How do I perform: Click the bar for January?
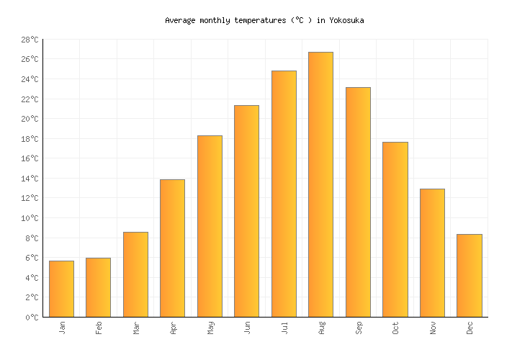(x=61, y=289)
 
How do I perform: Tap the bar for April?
(x=172, y=248)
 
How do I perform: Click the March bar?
(x=135, y=274)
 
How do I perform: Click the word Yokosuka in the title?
(x=347, y=21)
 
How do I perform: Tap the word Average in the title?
(x=180, y=21)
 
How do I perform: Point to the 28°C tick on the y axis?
(x=29, y=40)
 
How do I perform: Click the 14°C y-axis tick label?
(x=29, y=179)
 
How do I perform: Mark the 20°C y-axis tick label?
(x=29, y=119)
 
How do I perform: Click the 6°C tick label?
(x=31, y=258)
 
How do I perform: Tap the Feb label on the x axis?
(x=99, y=328)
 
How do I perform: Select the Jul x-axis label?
(x=284, y=328)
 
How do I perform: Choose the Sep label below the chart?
(x=358, y=328)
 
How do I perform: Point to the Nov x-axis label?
(x=432, y=328)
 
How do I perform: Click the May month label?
(x=210, y=328)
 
